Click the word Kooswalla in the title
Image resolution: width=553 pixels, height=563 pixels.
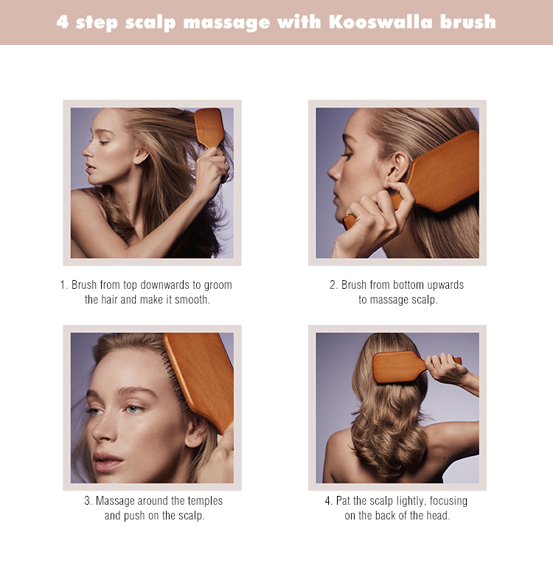tap(381, 21)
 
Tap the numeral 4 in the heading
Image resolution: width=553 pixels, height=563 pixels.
tap(62, 21)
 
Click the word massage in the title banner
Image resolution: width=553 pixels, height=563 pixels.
tap(227, 23)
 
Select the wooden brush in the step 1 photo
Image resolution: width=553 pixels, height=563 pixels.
tap(209, 128)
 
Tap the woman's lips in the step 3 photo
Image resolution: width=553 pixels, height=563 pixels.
tap(106, 461)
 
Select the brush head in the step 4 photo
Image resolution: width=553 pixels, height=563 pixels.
tap(394, 366)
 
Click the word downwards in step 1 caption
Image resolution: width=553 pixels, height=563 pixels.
tap(165, 285)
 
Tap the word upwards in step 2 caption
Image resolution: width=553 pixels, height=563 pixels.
tap(445, 285)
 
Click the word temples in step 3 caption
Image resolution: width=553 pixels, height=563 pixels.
tap(205, 501)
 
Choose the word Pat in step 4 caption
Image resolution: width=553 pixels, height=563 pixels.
tap(343, 501)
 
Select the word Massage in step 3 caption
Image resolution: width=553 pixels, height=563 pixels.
tap(115, 501)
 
